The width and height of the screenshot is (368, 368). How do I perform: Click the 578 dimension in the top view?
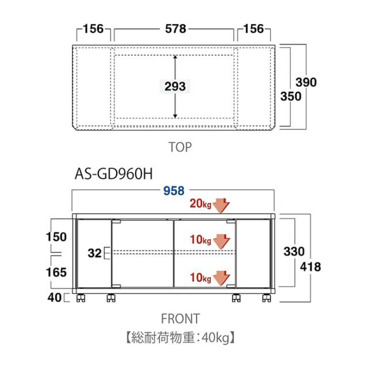tap(175, 29)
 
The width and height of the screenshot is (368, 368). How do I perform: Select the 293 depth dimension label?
tap(175, 86)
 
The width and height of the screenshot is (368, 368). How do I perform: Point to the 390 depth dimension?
tap(306, 82)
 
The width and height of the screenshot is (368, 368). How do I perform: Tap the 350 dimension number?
tap(291, 96)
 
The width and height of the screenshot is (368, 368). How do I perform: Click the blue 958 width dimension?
tap(174, 191)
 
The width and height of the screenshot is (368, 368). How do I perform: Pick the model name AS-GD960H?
tap(114, 174)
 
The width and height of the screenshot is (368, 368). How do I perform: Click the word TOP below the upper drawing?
tap(180, 147)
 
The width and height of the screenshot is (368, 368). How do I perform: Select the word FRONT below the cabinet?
tap(180, 319)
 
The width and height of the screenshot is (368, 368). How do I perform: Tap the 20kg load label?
tap(201, 204)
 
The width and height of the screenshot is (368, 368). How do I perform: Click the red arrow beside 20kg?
tap(222, 205)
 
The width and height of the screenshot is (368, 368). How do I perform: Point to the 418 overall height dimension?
tap(310, 267)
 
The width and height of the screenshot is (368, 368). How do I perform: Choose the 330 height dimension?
tap(294, 251)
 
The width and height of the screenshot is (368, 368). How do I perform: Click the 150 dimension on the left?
tap(56, 237)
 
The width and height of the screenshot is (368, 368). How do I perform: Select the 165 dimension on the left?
tap(56, 272)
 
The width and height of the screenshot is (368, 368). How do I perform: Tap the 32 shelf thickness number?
tap(94, 253)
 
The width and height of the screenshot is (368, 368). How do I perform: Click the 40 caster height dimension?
tap(55, 298)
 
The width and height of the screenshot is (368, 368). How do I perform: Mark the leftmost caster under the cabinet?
tap(80, 298)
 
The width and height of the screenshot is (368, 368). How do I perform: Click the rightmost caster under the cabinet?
tap(266, 298)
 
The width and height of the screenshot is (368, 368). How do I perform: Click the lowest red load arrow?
tap(222, 278)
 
